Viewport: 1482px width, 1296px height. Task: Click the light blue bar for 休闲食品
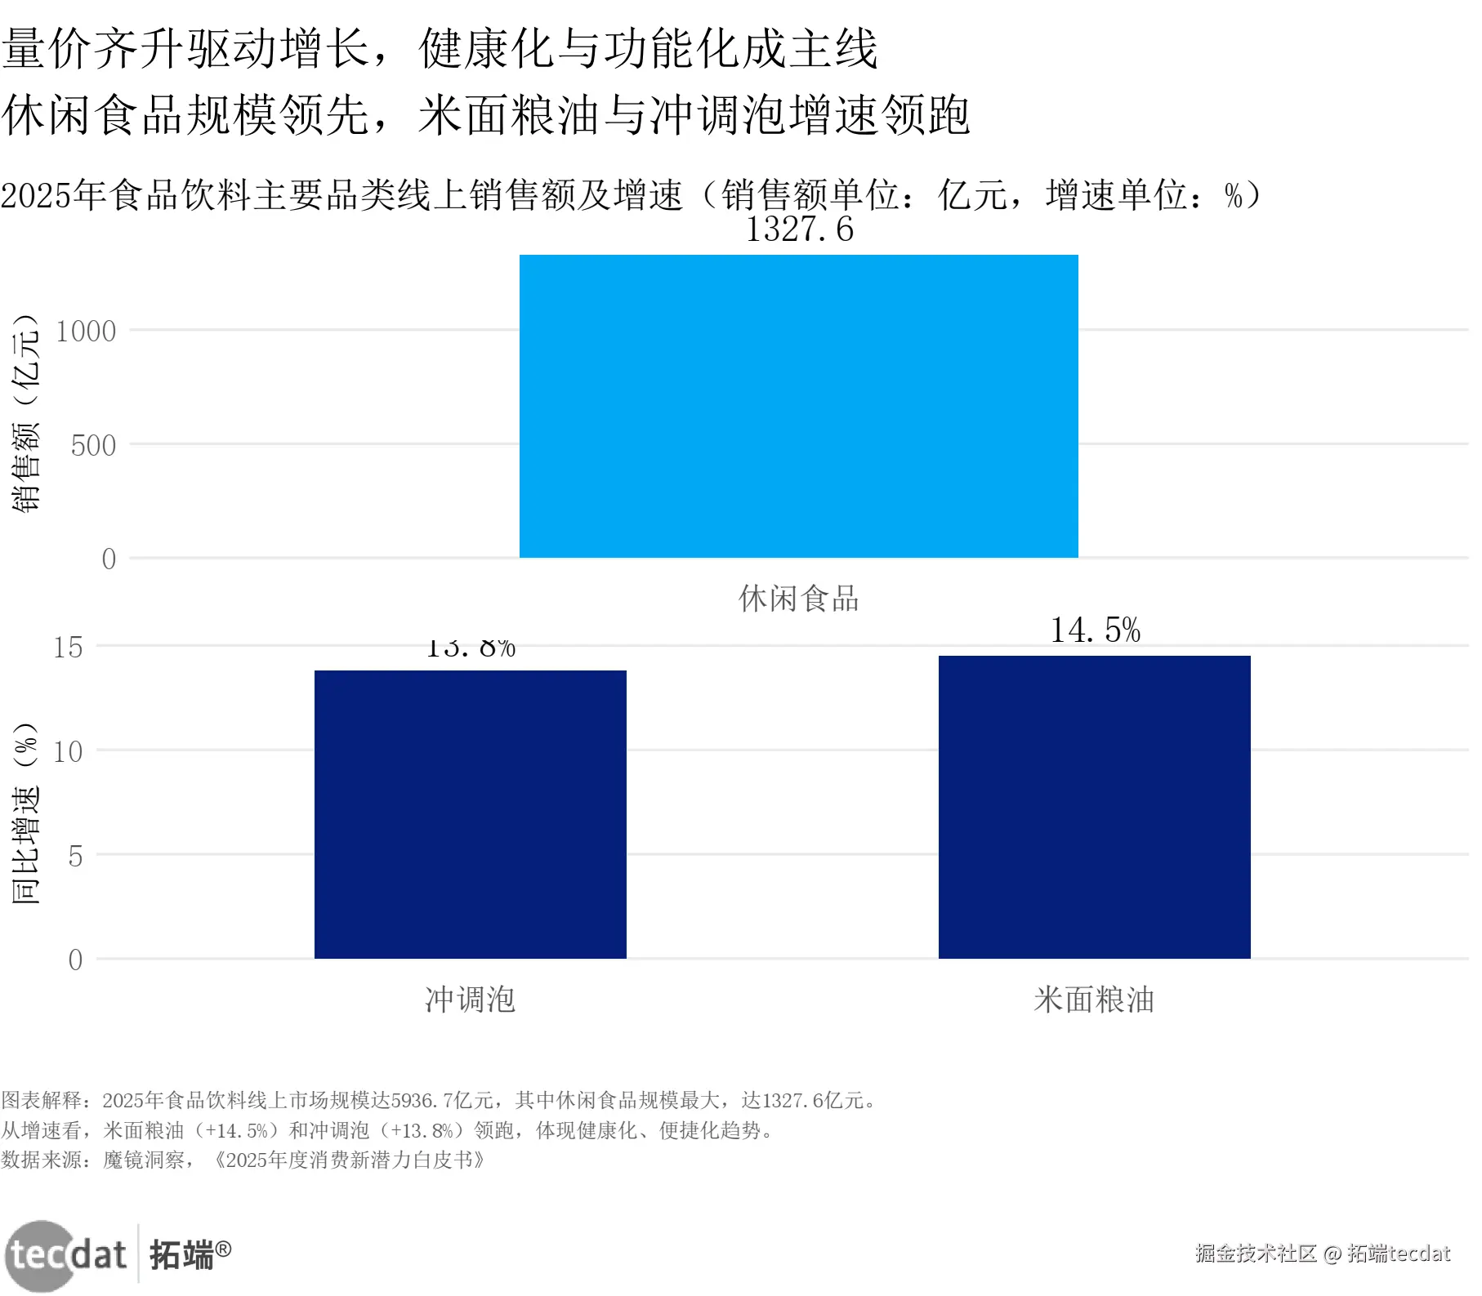click(798, 406)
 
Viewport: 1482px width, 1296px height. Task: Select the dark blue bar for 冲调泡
click(470, 814)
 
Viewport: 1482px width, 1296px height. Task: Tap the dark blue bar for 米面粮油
click(1094, 807)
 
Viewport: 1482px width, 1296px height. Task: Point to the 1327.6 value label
click(799, 229)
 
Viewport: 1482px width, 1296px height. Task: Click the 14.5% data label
click(1095, 630)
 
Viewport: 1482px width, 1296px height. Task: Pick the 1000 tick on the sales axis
click(86, 332)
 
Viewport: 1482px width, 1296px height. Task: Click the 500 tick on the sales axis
click(93, 446)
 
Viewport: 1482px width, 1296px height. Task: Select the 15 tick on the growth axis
click(69, 648)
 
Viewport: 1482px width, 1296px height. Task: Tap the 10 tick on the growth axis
click(69, 752)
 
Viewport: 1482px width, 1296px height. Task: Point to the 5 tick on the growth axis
click(75, 857)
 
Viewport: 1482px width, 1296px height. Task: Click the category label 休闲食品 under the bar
click(798, 599)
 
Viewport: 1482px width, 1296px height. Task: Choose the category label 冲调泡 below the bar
click(470, 1000)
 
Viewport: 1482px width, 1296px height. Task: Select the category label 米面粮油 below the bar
click(1094, 1000)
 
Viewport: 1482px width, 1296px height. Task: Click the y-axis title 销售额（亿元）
click(25, 412)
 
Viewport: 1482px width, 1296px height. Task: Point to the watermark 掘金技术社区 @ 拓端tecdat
click(1322, 1254)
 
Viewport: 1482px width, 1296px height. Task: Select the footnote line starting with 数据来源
click(243, 1160)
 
